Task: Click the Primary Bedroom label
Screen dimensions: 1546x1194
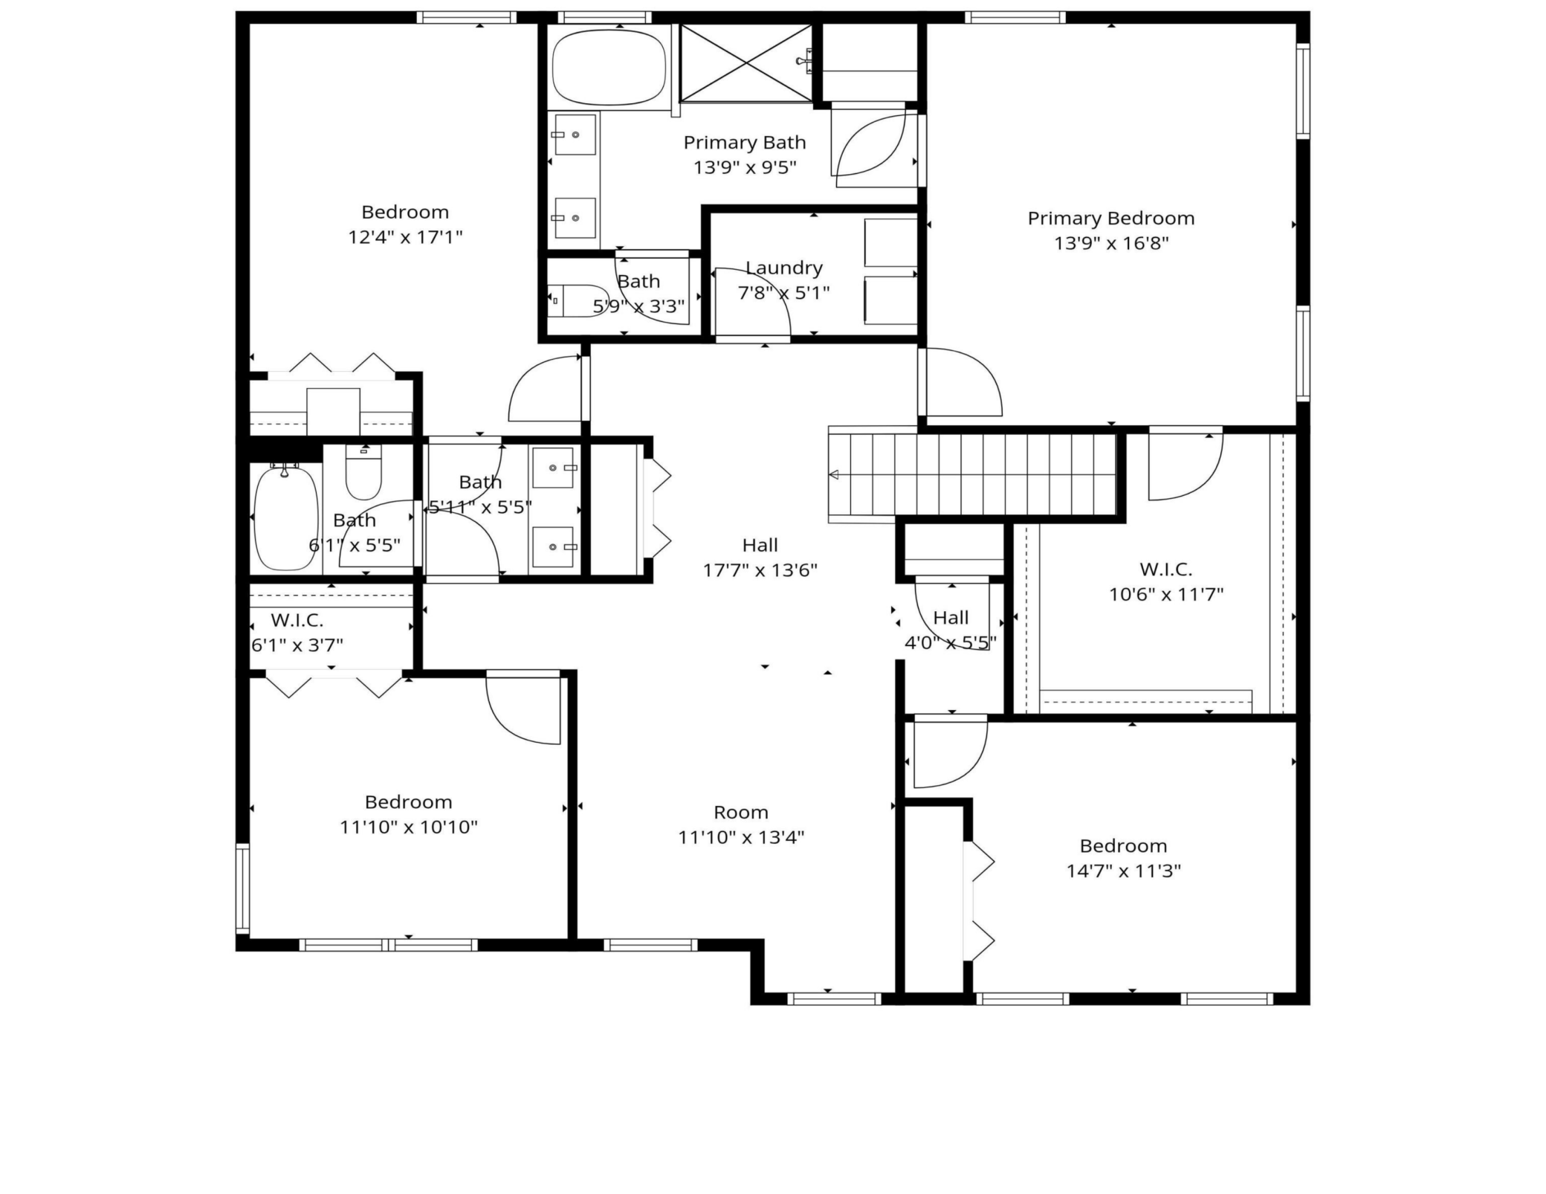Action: tap(1111, 219)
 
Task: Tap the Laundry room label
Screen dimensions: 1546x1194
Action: tap(784, 268)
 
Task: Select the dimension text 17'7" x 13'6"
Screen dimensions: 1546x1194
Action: tap(760, 570)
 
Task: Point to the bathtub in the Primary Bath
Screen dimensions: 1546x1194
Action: tap(609, 68)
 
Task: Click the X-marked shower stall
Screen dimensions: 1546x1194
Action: tap(746, 62)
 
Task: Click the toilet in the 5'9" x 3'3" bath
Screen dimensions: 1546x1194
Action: tap(578, 300)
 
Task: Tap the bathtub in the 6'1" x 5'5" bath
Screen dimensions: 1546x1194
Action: tap(286, 517)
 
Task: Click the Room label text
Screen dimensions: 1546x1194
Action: tap(741, 812)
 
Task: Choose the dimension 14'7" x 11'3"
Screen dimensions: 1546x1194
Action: tap(1124, 871)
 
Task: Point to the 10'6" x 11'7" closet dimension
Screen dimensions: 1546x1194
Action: tap(1166, 595)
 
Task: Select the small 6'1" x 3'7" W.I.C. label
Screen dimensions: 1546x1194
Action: tap(297, 620)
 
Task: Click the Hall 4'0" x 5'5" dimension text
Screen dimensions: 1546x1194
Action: tap(951, 642)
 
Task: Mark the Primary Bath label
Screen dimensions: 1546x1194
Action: tap(745, 142)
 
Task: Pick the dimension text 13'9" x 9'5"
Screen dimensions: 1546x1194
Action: tap(745, 167)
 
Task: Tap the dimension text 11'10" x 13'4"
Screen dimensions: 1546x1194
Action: tap(741, 837)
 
